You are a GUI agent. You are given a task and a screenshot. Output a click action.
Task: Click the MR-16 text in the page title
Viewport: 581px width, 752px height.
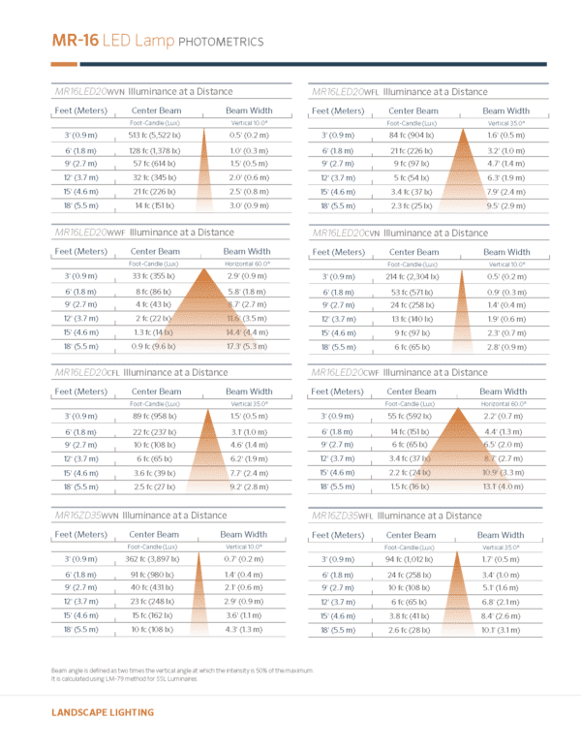click(x=74, y=41)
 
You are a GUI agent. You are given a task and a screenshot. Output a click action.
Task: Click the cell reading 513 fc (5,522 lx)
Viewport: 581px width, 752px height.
click(x=154, y=136)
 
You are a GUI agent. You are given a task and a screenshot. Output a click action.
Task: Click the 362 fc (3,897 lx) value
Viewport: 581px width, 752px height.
click(x=154, y=559)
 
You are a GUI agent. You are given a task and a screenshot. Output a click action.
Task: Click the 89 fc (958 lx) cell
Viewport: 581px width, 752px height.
click(x=154, y=417)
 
